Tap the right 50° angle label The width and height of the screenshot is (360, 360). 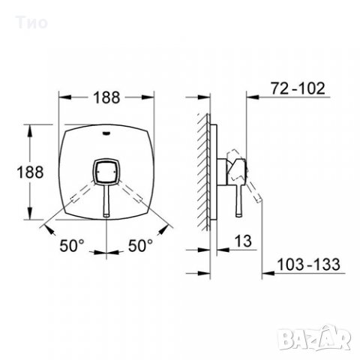click(139, 244)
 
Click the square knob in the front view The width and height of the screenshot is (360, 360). click(105, 174)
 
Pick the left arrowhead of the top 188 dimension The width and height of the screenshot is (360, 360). click(63, 98)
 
